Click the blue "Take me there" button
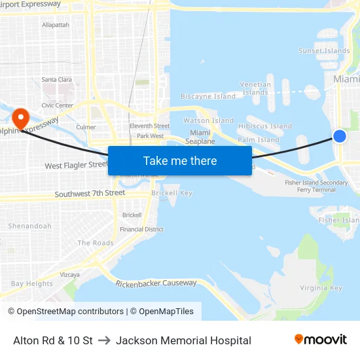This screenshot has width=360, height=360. [180, 160]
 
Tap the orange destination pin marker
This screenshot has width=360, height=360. [21, 118]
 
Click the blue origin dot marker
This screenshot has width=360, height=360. [339, 135]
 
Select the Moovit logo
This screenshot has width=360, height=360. [321, 339]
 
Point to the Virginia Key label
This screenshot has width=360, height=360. [321, 288]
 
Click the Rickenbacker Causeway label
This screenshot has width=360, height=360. [156, 283]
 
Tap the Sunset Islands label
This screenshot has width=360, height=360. [324, 50]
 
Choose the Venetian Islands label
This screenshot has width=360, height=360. [255, 88]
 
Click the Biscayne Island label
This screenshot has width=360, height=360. [208, 96]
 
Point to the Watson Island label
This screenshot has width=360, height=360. [208, 120]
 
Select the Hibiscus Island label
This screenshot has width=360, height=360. [265, 126]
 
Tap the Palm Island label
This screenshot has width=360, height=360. [259, 139]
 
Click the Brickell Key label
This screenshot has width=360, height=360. [171, 193]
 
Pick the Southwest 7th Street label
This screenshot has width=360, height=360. [90, 194]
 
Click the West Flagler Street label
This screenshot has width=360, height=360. [76, 166]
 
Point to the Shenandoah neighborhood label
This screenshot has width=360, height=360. [29, 226]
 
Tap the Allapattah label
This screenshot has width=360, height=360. [56, 25]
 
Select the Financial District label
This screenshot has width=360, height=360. [141, 229]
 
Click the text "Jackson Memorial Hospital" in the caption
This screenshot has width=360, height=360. [183, 340]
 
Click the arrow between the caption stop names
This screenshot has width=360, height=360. [104, 340]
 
